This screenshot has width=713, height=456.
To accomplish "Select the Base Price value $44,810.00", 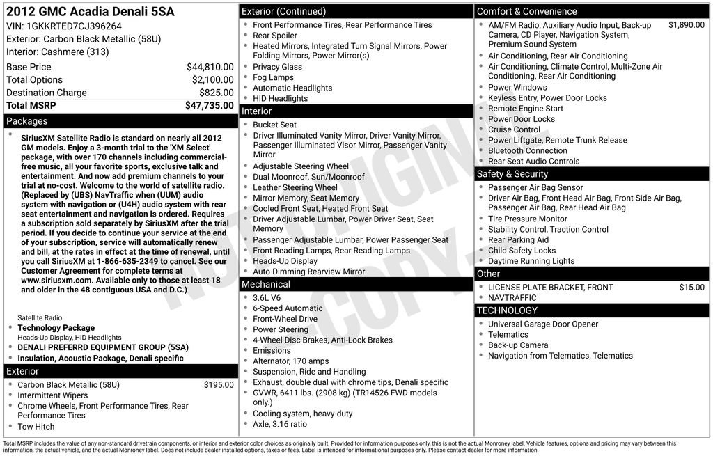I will (x=210, y=67).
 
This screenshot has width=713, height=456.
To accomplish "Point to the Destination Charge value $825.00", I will (x=217, y=93).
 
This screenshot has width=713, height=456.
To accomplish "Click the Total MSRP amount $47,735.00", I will (x=209, y=106).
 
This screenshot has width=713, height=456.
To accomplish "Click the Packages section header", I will (x=27, y=121).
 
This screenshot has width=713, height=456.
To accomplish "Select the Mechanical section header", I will (x=265, y=284).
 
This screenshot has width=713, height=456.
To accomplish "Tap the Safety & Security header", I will (x=512, y=174).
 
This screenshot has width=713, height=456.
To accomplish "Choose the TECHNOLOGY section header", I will (x=507, y=310).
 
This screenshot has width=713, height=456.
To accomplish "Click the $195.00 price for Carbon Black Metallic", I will (x=219, y=385).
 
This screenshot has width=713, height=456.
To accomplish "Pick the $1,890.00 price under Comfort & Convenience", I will (x=686, y=25).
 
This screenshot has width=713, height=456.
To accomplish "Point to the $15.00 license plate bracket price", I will (x=691, y=287).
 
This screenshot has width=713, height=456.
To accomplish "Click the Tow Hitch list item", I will (x=36, y=427).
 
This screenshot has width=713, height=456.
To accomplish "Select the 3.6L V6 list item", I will (x=267, y=298).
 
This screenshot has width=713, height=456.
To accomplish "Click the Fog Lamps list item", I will (x=273, y=77).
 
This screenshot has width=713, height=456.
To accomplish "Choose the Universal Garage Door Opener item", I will (x=543, y=324).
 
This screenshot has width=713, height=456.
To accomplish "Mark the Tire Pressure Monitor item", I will (x=528, y=219).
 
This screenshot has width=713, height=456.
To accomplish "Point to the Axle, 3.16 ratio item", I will (x=280, y=424).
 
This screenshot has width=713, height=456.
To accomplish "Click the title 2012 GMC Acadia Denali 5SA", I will (x=91, y=12).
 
